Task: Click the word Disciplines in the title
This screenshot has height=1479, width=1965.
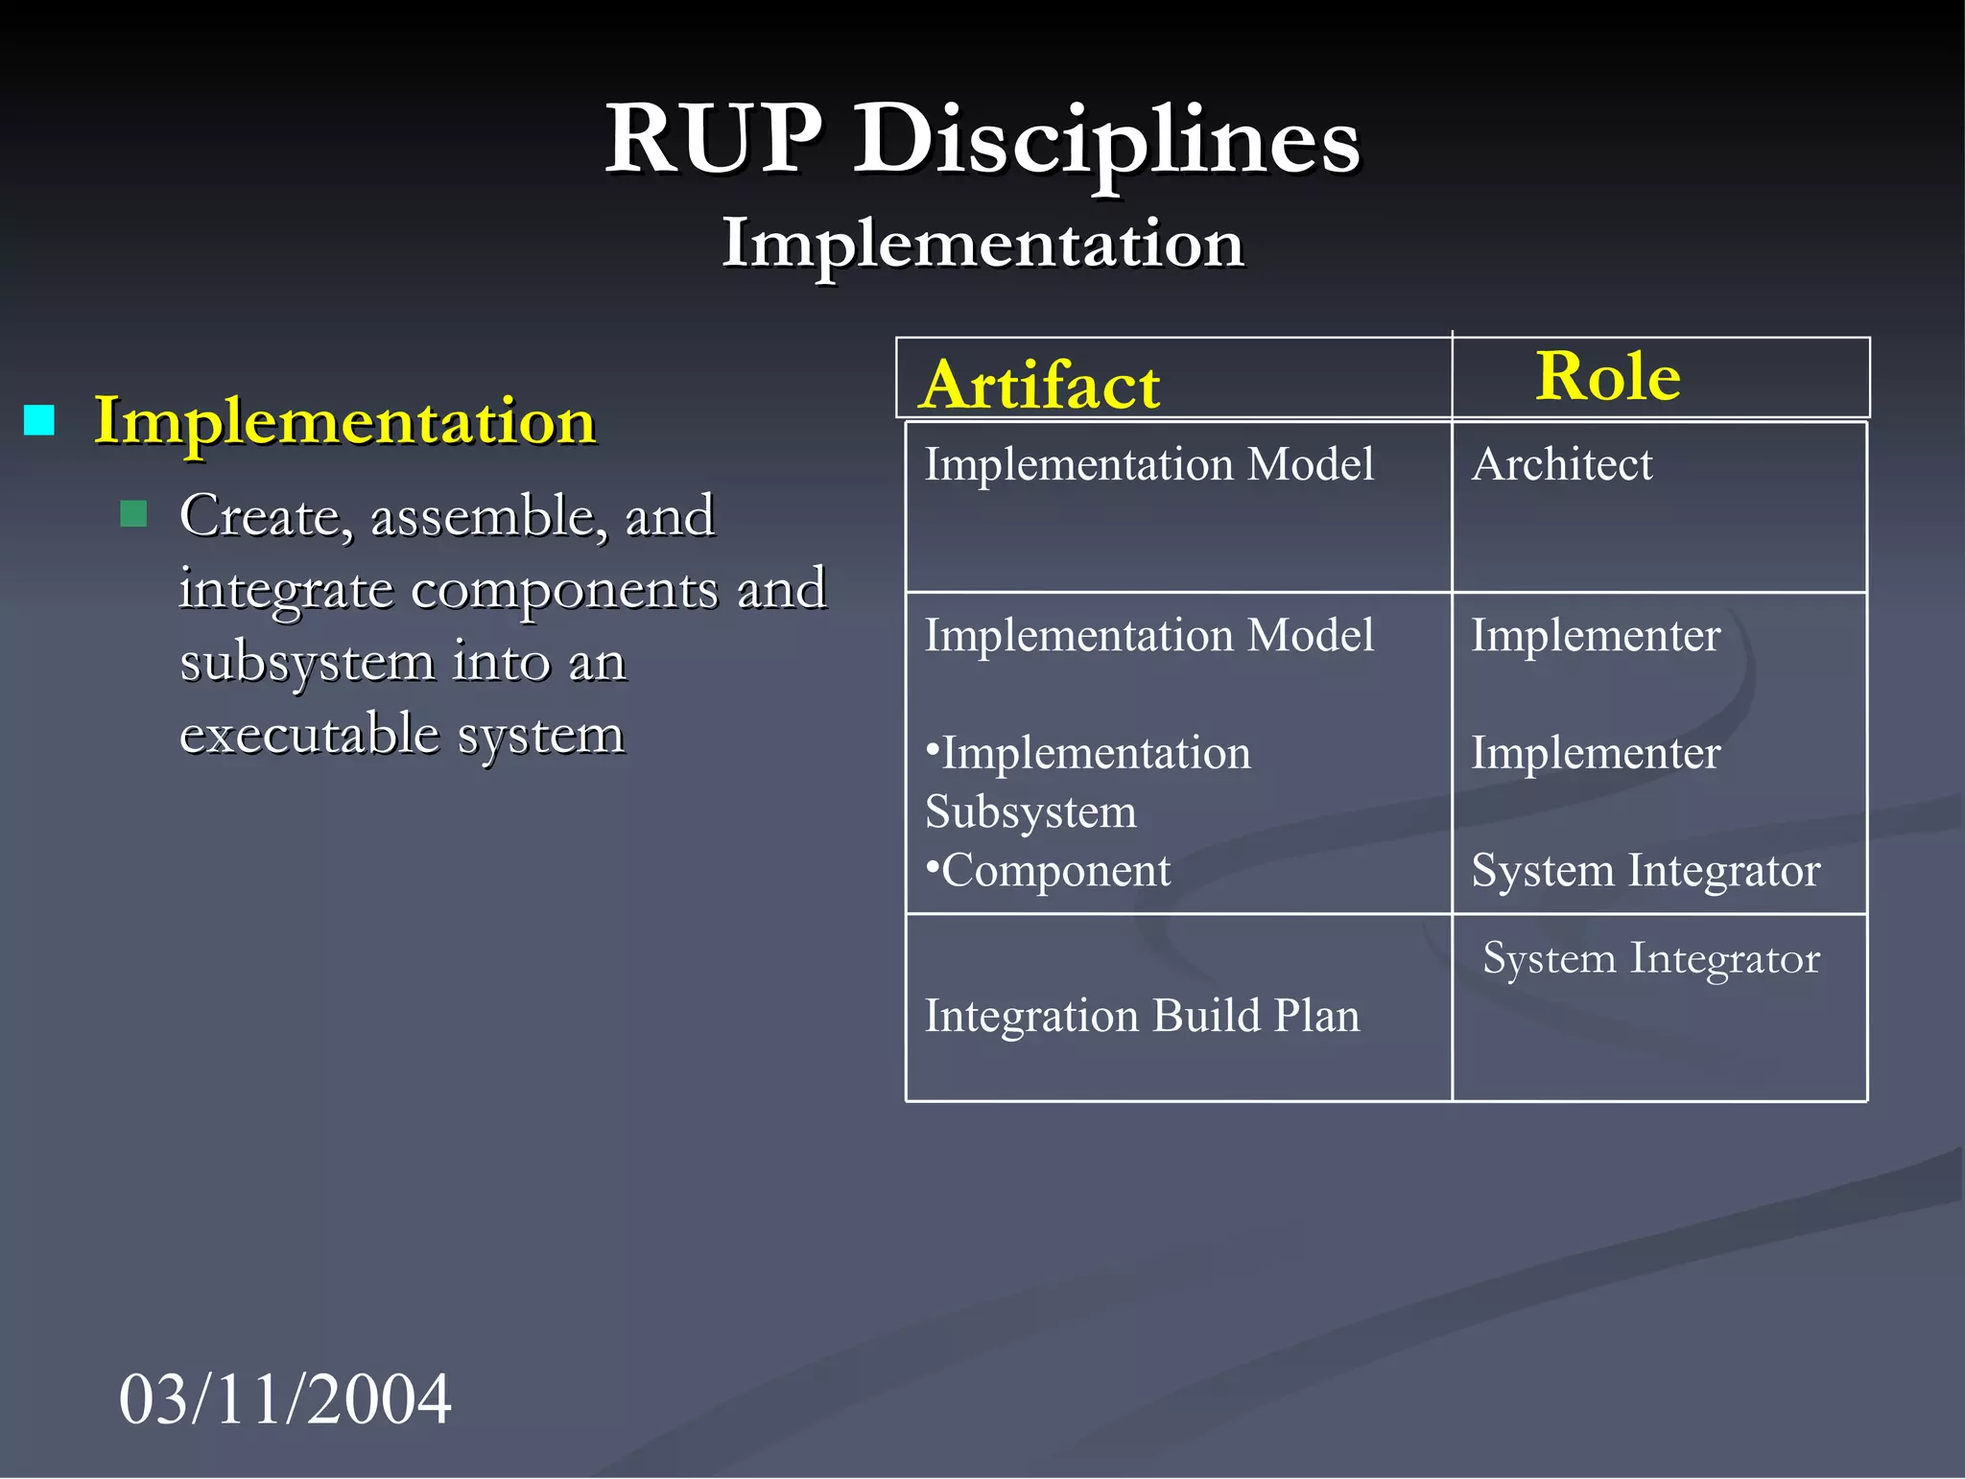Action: (1106, 142)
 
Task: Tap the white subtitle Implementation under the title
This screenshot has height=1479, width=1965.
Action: (982, 243)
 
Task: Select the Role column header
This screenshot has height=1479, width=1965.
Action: (1608, 376)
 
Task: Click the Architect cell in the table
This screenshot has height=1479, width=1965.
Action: (1562, 464)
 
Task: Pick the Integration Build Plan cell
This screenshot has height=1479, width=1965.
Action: (1142, 1016)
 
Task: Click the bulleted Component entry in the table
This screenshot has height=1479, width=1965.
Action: (1050, 871)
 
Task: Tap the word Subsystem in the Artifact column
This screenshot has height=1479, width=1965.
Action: (1030, 812)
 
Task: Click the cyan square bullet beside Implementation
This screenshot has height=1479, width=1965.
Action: (39, 420)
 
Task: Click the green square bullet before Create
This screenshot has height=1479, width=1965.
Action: (134, 514)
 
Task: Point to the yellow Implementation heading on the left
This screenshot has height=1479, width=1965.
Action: (345, 421)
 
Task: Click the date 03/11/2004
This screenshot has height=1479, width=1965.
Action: (285, 1398)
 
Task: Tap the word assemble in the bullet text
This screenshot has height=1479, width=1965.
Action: (489, 517)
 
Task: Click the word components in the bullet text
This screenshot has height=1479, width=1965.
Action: (564, 589)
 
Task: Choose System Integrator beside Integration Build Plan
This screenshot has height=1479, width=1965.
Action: (1650, 958)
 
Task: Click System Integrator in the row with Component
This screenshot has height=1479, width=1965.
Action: (1645, 871)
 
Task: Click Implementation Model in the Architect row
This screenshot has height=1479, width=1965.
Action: (1148, 464)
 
